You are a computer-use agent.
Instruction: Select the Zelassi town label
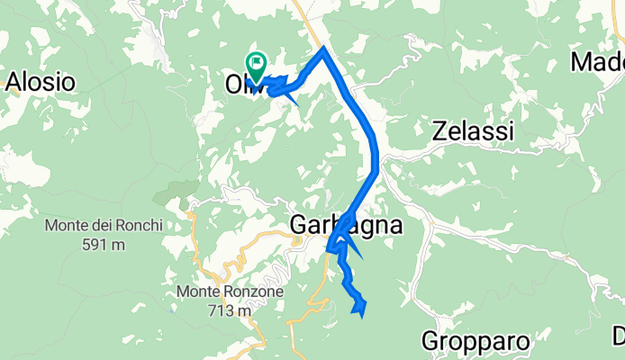click(x=473, y=131)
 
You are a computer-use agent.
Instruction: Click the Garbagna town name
click(x=345, y=225)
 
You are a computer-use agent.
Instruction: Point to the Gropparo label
click(x=474, y=341)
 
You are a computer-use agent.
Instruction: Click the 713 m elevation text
click(x=227, y=310)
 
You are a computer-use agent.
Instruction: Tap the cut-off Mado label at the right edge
click(x=598, y=63)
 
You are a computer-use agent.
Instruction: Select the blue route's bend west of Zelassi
click(x=376, y=162)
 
